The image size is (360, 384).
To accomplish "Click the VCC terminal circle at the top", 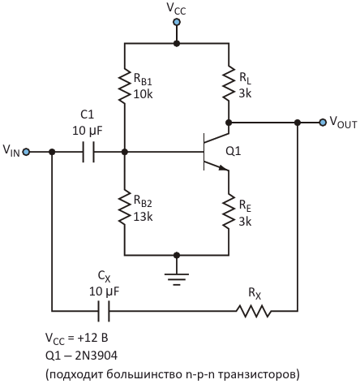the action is coord(177,22).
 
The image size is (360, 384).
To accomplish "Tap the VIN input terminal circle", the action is coord(26,152).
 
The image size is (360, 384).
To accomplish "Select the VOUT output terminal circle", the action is coord(323,123).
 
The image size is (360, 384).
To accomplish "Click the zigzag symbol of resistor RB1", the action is coord(125,86).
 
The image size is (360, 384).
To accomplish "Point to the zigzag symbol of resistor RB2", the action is coord(125,208).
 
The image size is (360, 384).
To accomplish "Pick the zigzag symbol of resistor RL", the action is coord(229,84).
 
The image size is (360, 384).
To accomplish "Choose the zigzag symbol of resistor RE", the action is coord(229,212).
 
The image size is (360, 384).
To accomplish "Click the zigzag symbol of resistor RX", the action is coord(254,311).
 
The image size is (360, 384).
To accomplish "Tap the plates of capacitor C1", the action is coord(88,152).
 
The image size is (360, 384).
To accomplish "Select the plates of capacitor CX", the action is coord(104,311).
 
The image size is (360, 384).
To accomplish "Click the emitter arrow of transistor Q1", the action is coord(223,168).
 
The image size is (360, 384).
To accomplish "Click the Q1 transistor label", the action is coord(233,151).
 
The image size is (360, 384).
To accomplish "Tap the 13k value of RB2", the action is coord(143,217).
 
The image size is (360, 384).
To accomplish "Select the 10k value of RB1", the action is coord(143,94).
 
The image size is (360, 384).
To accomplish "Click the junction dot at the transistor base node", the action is coord(125,152).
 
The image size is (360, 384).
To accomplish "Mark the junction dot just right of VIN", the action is coord(52,152).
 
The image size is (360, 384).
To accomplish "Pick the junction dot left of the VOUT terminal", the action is coord(298,123).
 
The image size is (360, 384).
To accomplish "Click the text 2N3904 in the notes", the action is coord(96,356).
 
